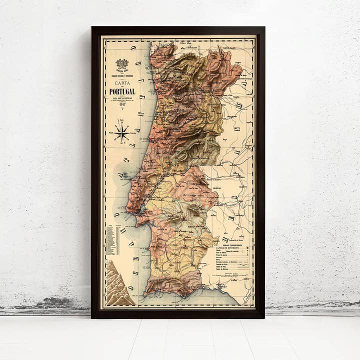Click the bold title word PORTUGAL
(122, 91)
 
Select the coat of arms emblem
(122, 65)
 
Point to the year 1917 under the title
(122, 105)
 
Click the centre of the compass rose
(121, 132)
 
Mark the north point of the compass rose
(121, 120)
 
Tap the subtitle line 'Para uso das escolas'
(122, 98)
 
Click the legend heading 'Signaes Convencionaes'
(230, 245)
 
